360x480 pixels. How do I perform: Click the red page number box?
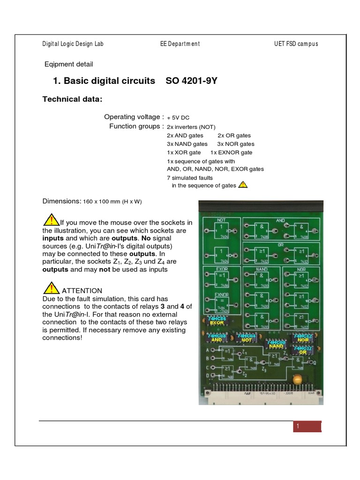[307, 426]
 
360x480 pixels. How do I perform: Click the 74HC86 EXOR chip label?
[217, 321]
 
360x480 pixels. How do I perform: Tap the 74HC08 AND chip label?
[217, 338]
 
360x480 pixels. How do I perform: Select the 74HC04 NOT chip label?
[246, 338]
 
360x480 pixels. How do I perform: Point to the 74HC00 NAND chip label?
[276, 344]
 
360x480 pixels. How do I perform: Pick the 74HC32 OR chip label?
[303, 350]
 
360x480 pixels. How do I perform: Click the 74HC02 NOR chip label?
[303, 338]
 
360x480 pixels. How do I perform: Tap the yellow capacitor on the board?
[297, 380]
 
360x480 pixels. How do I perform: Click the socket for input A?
[214, 350]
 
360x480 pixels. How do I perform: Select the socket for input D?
[214, 376]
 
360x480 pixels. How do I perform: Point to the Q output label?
[314, 362]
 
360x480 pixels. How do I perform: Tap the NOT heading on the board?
[221, 219]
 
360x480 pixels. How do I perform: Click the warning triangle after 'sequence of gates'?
[243, 185]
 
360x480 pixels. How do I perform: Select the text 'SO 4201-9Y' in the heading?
[192, 81]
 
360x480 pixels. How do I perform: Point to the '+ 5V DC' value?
[178, 118]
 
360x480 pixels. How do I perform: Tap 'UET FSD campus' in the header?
[296, 44]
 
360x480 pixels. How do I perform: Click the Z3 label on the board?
[264, 370]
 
